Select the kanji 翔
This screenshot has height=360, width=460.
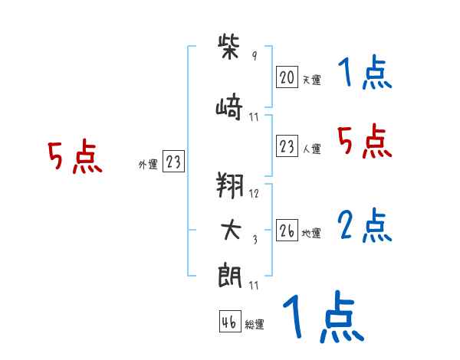point(231,185)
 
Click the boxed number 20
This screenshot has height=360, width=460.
point(287,77)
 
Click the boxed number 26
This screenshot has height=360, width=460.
point(287,231)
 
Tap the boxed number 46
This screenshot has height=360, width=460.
point(229,322)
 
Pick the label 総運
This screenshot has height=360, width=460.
point(255,325)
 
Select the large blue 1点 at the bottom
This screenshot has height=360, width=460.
point(323,317)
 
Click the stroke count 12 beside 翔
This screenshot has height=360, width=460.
point(255,194)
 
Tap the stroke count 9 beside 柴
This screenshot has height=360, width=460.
point(254,57)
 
